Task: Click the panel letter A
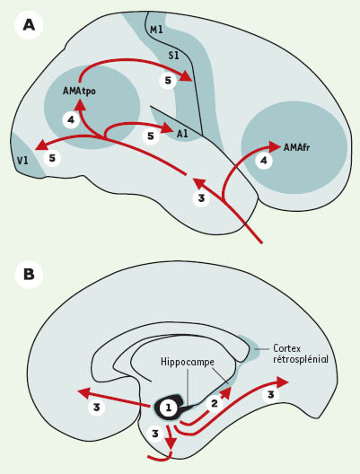click(29, 26)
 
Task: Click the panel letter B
click(29, 275)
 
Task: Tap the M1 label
click(156, 30)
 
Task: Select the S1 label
click(173, 56)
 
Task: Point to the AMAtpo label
click(79, 91)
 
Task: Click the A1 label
click(182, 134)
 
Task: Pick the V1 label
click(22, 161)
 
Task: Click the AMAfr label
click(297, 147)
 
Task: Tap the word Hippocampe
click(188, 362)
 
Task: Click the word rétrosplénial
click(301, 359)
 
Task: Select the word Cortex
click(287, 348)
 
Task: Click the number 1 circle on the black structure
click(168, 408)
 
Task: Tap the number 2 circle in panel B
click(215, 404)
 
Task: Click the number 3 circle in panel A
click(201, 198)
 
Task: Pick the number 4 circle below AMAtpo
click(71, 120)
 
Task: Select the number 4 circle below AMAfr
click(264, 161)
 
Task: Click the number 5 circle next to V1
click(52, 158)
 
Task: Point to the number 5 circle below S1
click(168, 81)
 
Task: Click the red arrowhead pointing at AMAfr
click(276, 146)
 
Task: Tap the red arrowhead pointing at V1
click(41, 145)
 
